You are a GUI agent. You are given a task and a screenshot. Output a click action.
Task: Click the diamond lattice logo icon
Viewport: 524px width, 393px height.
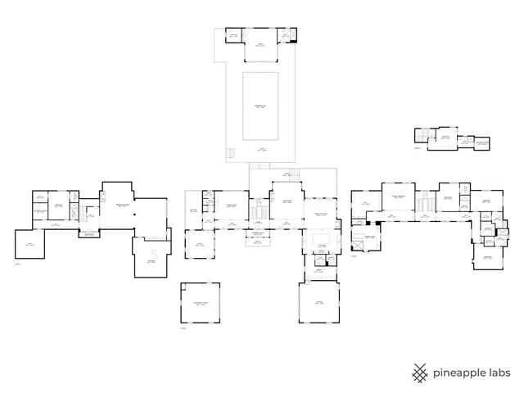click(x=420, y=373)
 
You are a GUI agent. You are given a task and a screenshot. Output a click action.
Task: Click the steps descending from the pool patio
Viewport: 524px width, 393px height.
click(x=230, y=154)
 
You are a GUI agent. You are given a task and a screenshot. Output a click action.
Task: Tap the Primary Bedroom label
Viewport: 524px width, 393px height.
click(x=399, y=197)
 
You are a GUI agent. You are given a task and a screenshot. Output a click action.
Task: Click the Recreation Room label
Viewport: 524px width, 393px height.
click(x=123, y=206)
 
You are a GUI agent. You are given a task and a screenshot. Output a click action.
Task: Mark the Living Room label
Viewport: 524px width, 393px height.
click(x=282, y=202)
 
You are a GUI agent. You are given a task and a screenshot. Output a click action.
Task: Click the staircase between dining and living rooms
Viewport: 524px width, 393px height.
click(x=260, y=210)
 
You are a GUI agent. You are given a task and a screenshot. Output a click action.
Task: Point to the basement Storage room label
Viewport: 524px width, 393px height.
click(x=151, y=261)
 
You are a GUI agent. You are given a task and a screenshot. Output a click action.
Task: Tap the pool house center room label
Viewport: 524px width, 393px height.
click(x=260, y=45)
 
